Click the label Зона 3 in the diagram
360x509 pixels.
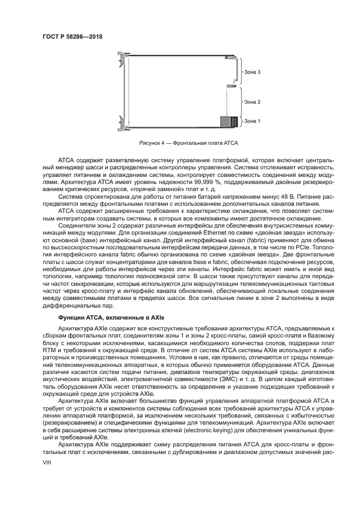click(252, 72)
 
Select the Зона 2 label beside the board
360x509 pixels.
click(252, 102)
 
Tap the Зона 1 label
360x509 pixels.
click(252, 121)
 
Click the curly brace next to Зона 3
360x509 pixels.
click(241, 72)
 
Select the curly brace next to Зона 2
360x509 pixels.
click(241, 102)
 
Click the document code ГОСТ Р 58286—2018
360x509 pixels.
click(72, 37)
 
